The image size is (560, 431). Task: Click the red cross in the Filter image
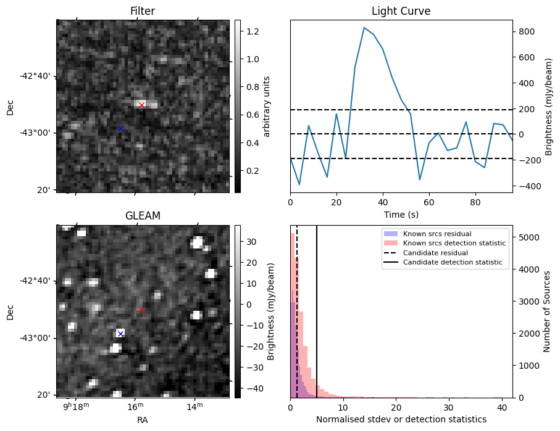[141, 105]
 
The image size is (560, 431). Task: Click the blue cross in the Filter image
[120, 128]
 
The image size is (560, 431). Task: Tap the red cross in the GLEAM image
[141, 310]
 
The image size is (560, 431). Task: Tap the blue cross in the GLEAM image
[120, 334]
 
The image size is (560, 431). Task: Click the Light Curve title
[401, 12]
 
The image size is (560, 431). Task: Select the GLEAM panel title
[143, 216]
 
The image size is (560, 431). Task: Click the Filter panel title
[143, 12]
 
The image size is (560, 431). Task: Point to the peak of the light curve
[364, 28]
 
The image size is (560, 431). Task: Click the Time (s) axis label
[401, 213]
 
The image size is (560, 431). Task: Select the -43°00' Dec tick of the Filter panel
[38, 133]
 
